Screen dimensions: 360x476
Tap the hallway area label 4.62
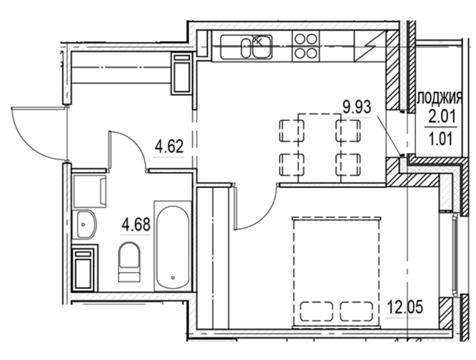pos(168,147)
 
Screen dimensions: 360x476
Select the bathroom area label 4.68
pos(136,225)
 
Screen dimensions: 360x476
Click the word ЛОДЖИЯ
pos(439,97)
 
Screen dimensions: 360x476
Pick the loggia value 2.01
pos(440,116)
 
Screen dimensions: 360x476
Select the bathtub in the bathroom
pos(172,245)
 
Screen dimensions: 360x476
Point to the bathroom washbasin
pos(85,224)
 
